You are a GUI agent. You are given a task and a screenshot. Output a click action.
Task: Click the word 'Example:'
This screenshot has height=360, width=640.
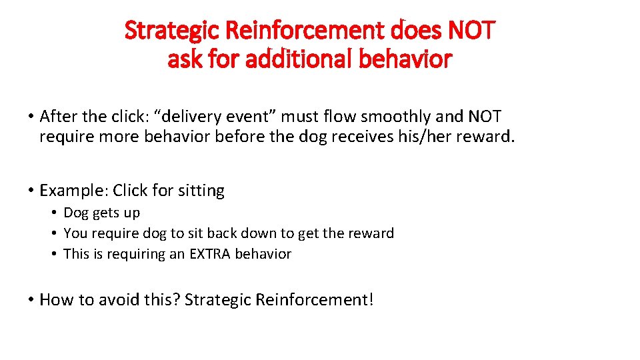click(73, 191)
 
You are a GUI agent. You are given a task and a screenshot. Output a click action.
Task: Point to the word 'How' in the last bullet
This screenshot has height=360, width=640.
click(55, 300)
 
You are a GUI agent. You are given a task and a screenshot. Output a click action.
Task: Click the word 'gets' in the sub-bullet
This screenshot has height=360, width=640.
click(105, 213)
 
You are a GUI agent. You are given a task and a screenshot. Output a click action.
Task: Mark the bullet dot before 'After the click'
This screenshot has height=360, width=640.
click(31, 117)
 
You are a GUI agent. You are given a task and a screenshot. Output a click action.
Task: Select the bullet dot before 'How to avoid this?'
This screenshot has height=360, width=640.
click(31, 301)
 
